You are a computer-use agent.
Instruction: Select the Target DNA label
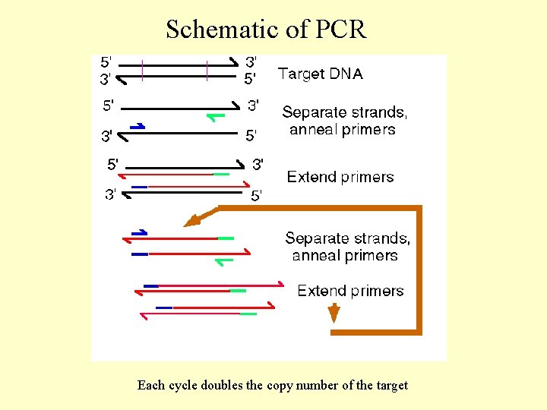coord(320,74)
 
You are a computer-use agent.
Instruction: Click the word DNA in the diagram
coord(346,74)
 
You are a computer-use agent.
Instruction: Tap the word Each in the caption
coord(150,385)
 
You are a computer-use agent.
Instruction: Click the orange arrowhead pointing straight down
coord(333,313)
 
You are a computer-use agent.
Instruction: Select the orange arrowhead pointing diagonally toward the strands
coord(192,222)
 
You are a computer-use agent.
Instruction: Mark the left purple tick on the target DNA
coord(142,70)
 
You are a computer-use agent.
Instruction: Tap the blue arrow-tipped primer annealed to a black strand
coord(138,126)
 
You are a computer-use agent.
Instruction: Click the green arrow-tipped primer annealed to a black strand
coord(216,116)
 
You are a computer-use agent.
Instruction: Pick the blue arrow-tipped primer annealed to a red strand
coord(139,232)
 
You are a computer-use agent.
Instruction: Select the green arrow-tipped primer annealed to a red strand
coord(224,261)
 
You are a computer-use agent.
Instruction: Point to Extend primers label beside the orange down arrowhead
coord(350,291)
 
